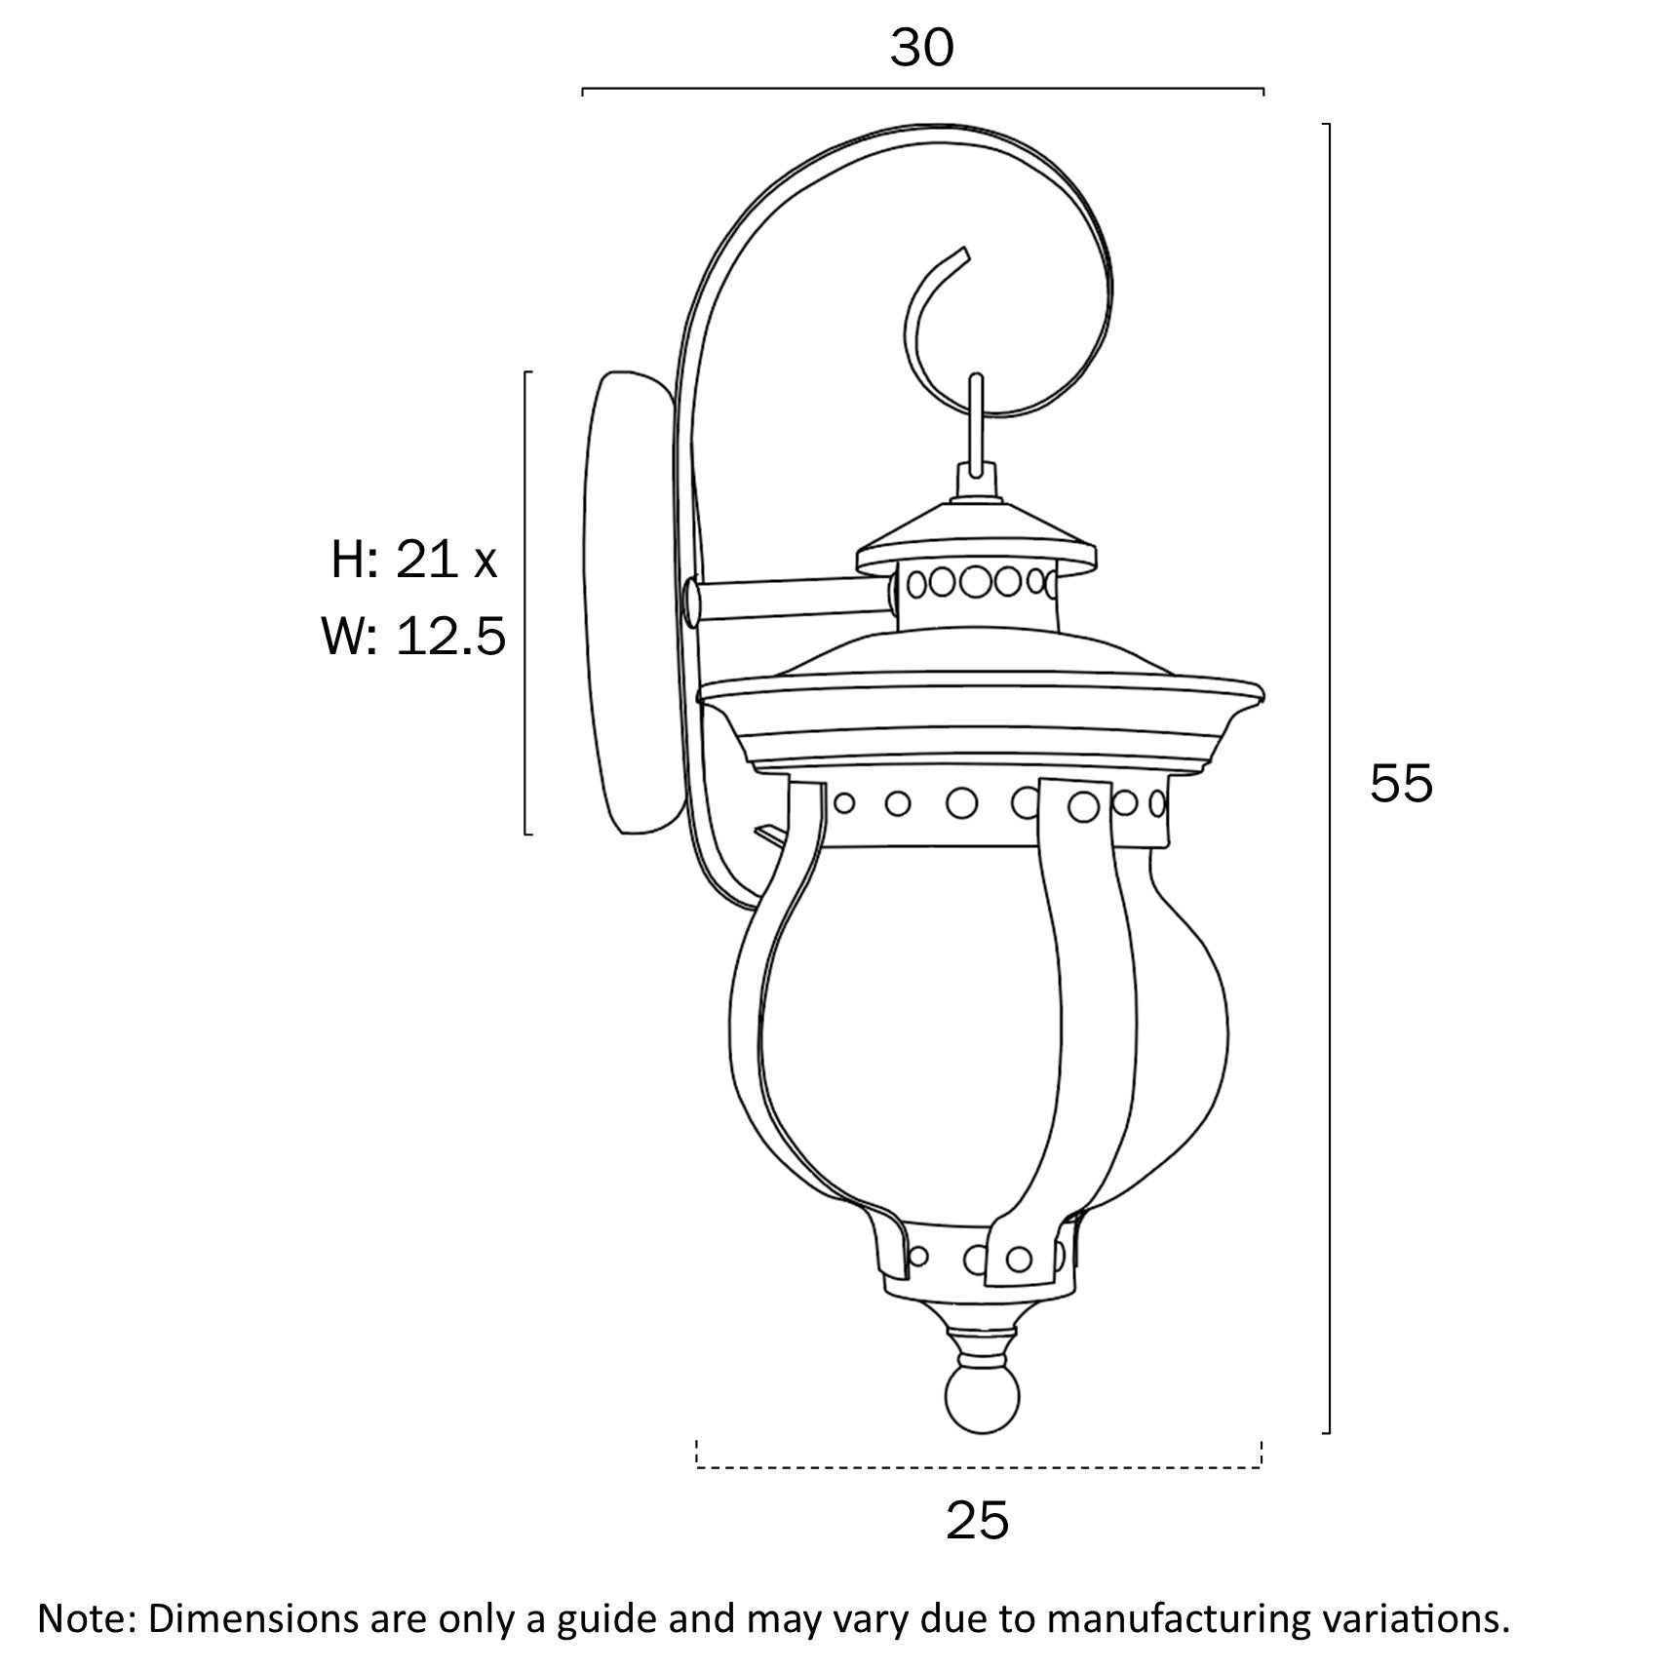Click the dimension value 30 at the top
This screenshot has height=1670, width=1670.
[x=921, y=49]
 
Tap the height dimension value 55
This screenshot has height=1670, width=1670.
[x=1401, y=783]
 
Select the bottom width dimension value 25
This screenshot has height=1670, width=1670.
[x=977, y=1520]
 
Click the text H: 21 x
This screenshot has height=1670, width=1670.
[x=414, y=561]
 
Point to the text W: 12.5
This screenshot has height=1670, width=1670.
[x=414, y=638]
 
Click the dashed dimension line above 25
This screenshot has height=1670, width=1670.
[x=979, y=1466]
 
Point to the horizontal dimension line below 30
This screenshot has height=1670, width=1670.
[x=922, y=90]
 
